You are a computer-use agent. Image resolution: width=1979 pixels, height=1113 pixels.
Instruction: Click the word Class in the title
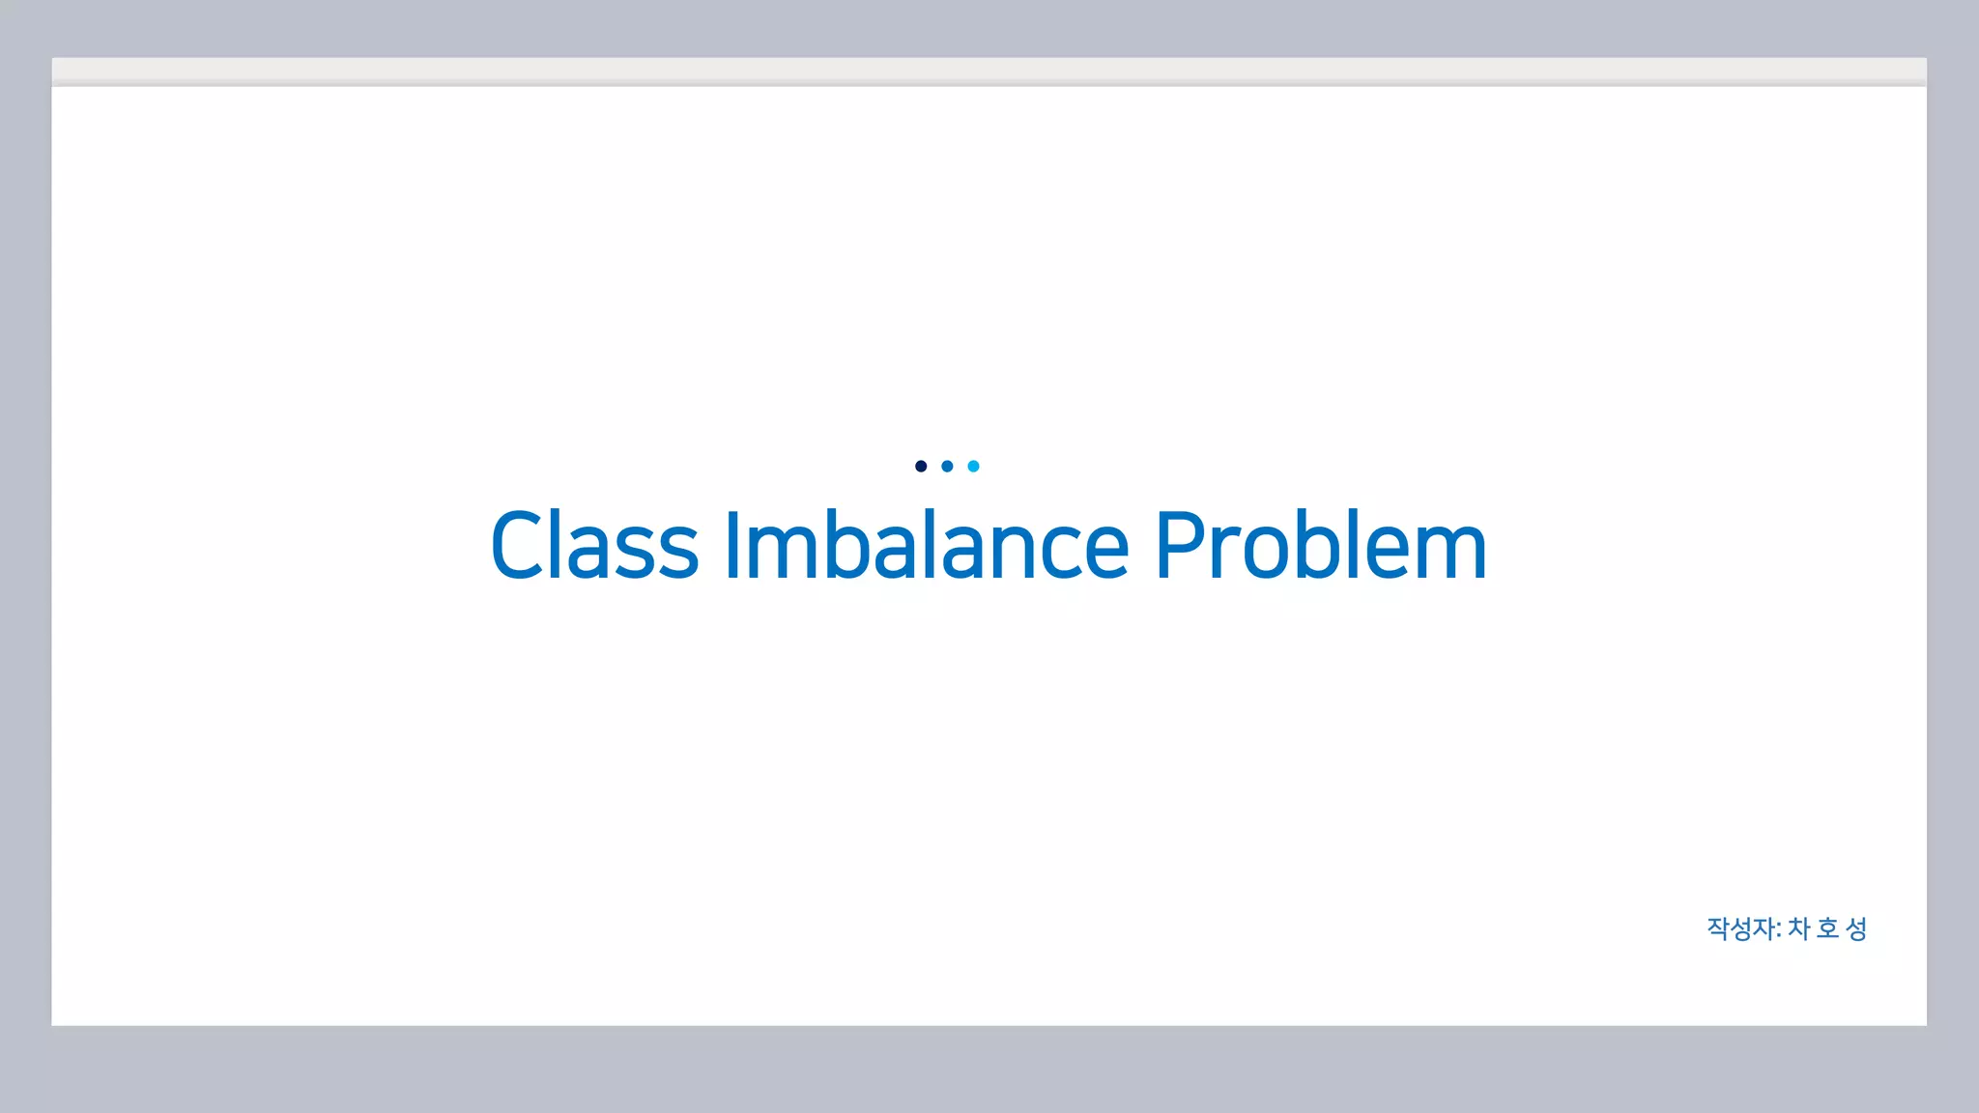(594, 546)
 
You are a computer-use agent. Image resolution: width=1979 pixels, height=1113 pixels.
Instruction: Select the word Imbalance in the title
(926, 546)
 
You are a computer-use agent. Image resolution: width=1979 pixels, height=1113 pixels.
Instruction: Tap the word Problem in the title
(1320, 546)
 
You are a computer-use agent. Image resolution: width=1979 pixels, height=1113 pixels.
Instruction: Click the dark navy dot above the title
(921, 467)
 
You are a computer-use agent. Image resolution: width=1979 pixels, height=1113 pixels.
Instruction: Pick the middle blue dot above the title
(947, 467)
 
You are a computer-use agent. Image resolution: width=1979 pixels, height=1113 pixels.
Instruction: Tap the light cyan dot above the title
(973, 467)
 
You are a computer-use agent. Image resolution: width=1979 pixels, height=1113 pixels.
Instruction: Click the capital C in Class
(523, 546)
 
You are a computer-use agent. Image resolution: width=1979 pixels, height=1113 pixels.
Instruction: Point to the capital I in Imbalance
(731, 546)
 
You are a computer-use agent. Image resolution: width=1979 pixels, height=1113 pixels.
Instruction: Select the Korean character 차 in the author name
(1798, 928)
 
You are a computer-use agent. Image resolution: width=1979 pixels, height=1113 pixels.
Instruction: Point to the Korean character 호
(1827, 928)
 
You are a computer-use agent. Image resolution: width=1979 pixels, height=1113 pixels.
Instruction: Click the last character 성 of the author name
(1856, 928)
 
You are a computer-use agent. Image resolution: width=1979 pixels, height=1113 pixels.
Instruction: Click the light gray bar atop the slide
(989, 71)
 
